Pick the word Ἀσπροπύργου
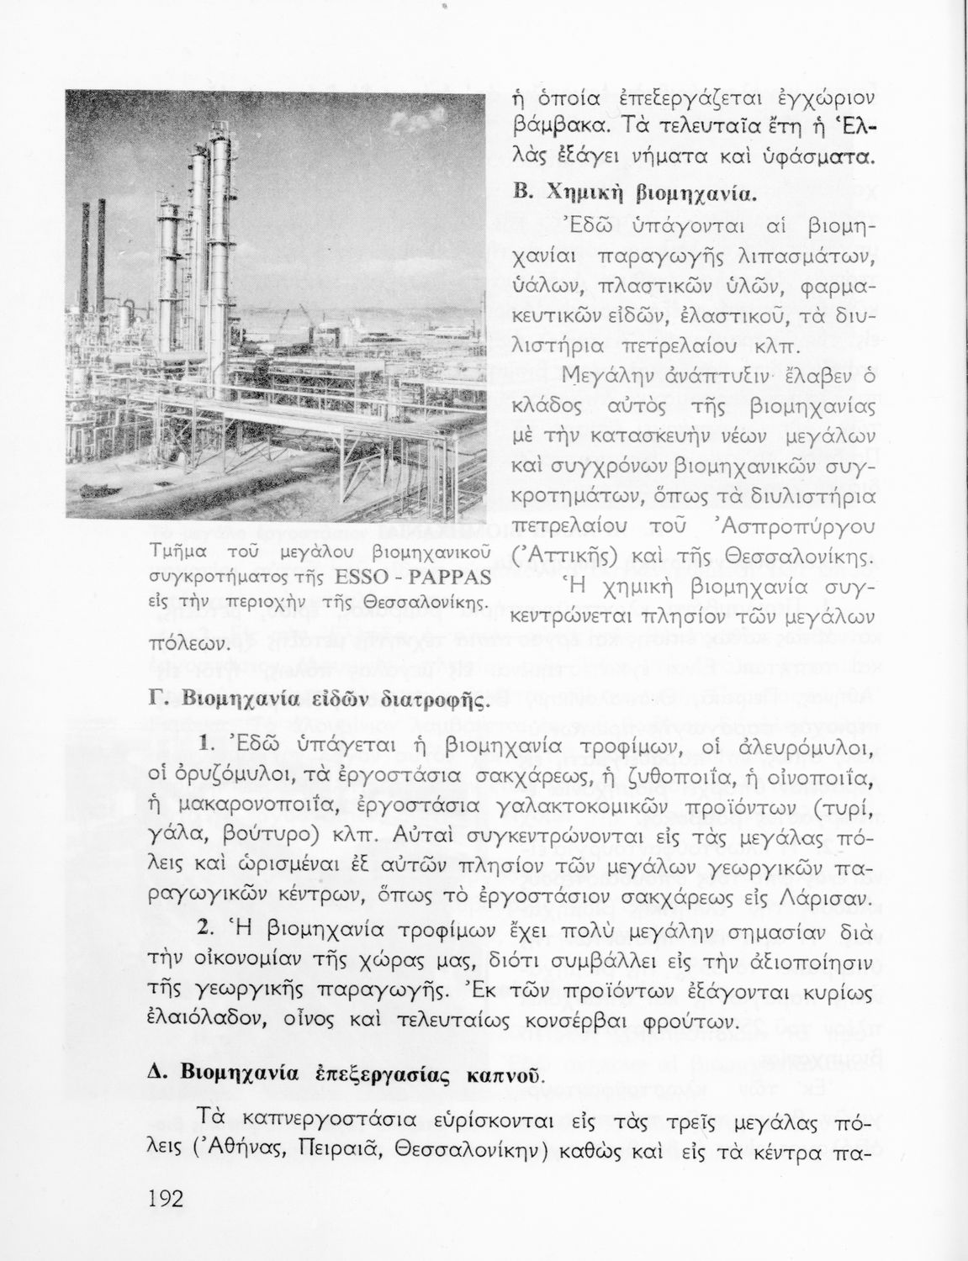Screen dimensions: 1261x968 [x=807, y=527]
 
